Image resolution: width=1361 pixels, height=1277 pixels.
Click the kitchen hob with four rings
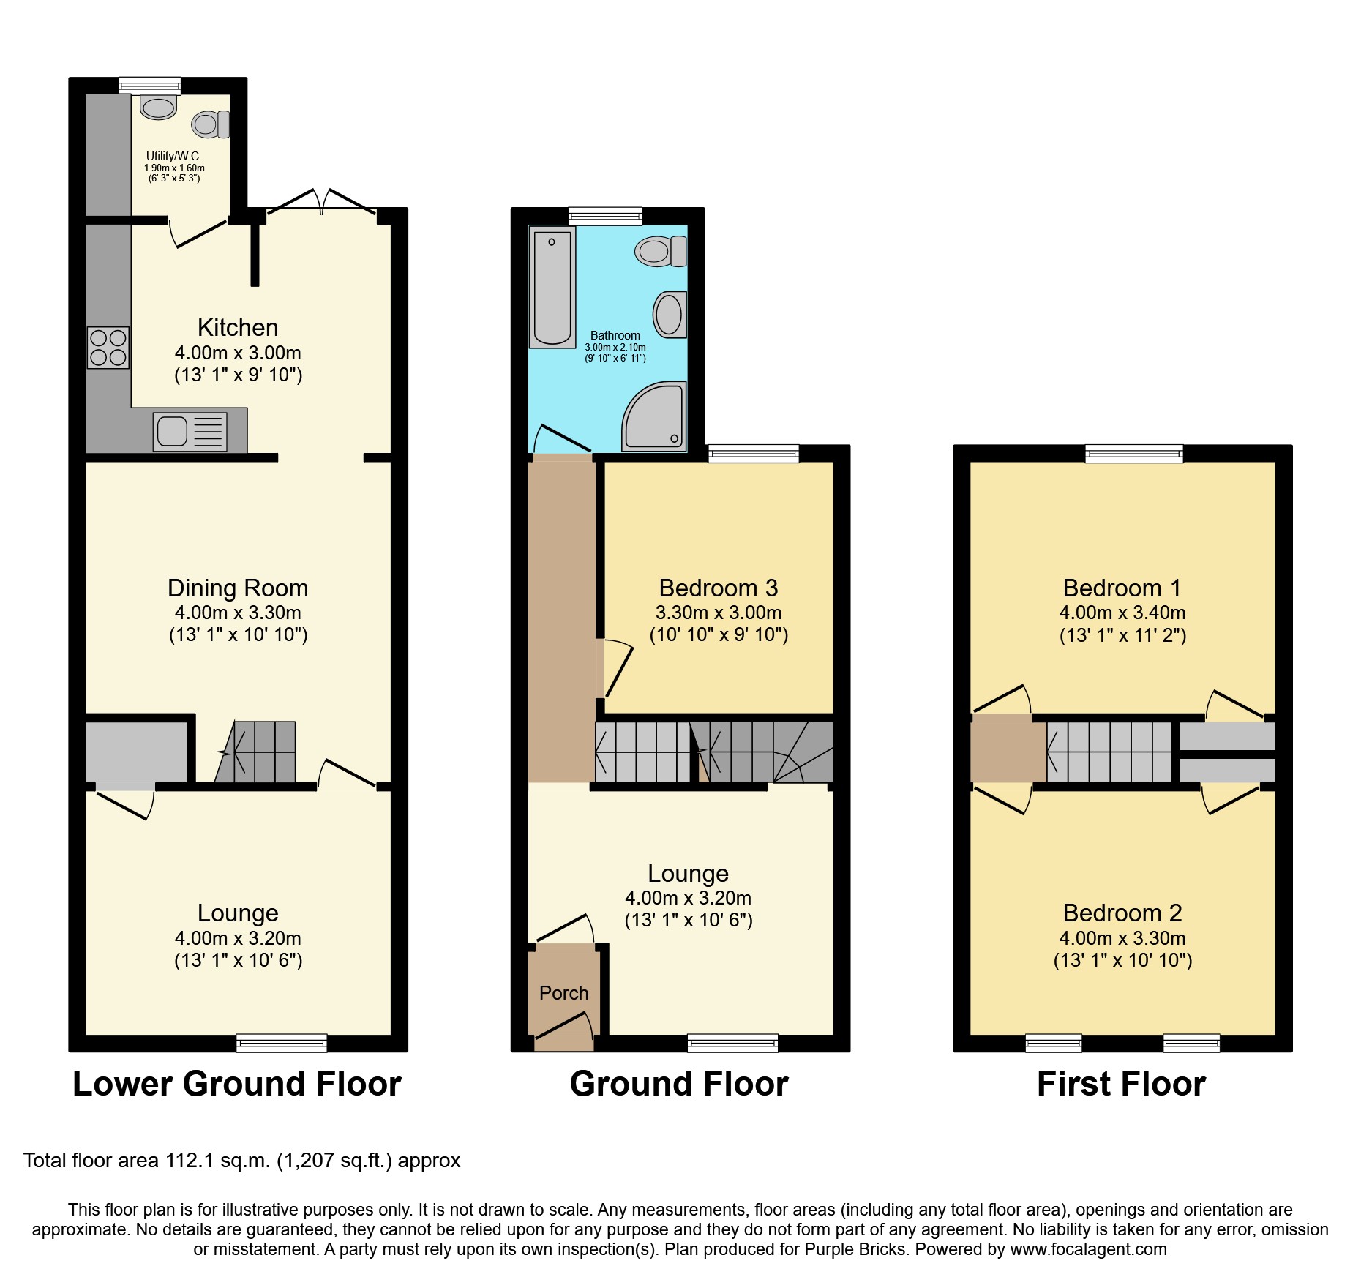(108, 348)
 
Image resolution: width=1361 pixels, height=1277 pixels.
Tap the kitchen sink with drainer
(190, 431)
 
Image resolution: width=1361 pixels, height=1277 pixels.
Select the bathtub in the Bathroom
(552, 287)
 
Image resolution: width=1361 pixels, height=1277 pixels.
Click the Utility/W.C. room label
(173, 156)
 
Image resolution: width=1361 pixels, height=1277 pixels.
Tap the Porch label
(563, 993)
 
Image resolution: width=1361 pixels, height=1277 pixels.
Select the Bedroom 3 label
(718, 588)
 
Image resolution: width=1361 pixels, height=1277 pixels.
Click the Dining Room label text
(238, 588)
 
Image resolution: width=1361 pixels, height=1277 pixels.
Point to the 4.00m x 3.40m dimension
(1122, 613)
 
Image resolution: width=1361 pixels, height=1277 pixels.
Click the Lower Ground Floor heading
(237, 1084)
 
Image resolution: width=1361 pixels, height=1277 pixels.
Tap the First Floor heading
(1121, 1084)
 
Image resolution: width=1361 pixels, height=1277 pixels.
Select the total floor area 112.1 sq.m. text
(241, 1161)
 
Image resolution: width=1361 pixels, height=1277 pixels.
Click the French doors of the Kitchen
(322, 201)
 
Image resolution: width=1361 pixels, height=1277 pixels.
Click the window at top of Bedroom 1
(1133, 454)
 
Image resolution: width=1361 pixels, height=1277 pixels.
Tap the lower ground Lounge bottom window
(281, 1043)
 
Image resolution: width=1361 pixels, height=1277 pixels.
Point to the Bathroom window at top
(605, 216)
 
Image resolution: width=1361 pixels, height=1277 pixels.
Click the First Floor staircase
(1109, 752)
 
